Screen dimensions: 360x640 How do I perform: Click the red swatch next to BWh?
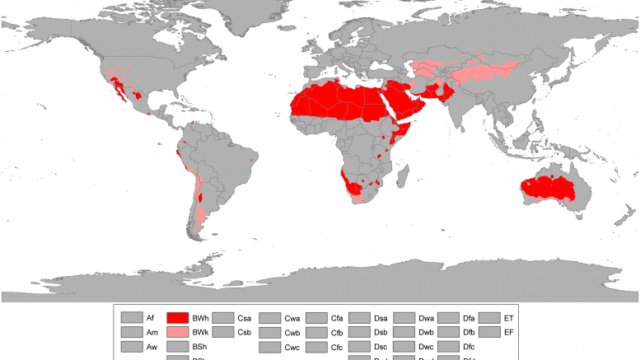178,317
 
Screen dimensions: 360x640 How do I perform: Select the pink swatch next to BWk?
178,332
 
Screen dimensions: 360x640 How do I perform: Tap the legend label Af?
151,317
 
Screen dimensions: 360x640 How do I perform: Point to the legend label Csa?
245,317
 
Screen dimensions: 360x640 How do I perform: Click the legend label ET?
509,317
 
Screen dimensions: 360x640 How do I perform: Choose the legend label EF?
509,332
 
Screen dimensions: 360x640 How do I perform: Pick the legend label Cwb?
292,332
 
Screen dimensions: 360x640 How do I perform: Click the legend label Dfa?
469,317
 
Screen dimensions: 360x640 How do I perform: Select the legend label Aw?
152,347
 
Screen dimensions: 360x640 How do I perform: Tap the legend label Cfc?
337,347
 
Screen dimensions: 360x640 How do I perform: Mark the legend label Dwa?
426,317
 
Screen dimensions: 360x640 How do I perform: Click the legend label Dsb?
381,332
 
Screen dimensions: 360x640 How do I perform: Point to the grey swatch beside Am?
132,332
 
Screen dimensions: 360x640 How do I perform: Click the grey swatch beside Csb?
224,332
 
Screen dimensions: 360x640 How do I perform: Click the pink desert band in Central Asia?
478,69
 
